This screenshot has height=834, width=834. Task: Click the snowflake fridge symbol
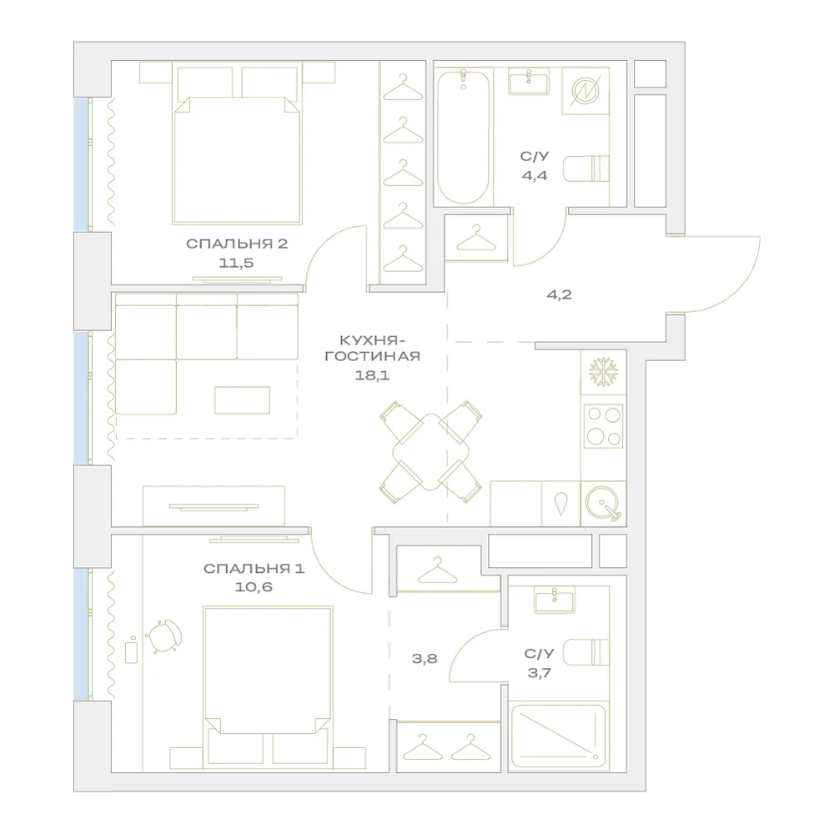(603, 372)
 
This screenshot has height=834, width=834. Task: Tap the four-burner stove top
(603, 425)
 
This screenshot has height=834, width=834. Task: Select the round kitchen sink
(603, 503)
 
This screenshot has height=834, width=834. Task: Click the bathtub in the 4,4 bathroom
(463, 137)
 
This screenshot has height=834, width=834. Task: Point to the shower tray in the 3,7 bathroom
(558, 736)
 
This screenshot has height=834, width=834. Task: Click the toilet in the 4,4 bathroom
(586, 168)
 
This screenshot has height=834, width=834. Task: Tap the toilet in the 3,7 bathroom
(586, 652)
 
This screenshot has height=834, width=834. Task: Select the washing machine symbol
(585, 90)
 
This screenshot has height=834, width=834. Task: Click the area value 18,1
(372, 375)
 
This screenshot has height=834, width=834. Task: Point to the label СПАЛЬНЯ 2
(237, 244)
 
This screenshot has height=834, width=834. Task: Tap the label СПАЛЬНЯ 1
(254, 569)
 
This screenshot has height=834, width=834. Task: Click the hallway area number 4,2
(559, 294)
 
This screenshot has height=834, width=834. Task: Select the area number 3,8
(425, 659)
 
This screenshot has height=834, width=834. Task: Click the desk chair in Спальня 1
(165, 636)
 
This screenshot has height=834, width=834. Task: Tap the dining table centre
(431, 451)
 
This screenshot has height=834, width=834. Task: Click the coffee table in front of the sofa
(243, 400)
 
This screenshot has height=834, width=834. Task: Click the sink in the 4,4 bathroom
(529, 82)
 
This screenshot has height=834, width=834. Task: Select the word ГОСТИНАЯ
(372, 356)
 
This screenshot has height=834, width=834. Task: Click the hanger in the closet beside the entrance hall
(476, 239)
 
